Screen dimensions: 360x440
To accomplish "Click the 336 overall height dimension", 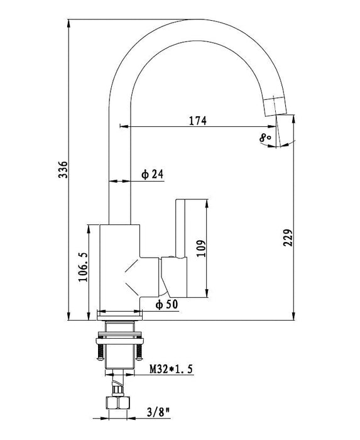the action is point(63,170).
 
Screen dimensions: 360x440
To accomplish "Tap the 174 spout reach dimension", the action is point(198,121).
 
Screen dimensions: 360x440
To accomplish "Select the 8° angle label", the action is point(265,138).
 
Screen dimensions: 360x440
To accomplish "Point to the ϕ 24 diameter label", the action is point(152,174).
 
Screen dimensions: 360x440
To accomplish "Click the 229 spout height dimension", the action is point(288,238).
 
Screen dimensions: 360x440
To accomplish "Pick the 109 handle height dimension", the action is point(201,248).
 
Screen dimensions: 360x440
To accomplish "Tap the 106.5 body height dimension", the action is point(83,267).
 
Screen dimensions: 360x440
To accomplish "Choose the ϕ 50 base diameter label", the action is point(167,304).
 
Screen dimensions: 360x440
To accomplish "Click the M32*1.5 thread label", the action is point(171,369).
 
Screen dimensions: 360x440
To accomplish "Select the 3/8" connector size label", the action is point(158,412).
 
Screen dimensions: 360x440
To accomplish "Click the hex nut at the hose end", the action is point(117,403).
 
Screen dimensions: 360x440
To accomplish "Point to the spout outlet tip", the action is point(276,114).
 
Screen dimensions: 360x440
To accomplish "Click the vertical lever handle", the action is point(181,228).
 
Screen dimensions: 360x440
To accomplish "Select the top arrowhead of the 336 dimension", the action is point(68,23).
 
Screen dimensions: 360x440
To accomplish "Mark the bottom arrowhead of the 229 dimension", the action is point(293,316).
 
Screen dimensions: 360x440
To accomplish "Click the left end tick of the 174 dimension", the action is point(120,126).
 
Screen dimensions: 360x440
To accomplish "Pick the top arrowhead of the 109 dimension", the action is point(207,203).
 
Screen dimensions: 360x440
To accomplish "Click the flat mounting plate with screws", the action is point(120,341).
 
